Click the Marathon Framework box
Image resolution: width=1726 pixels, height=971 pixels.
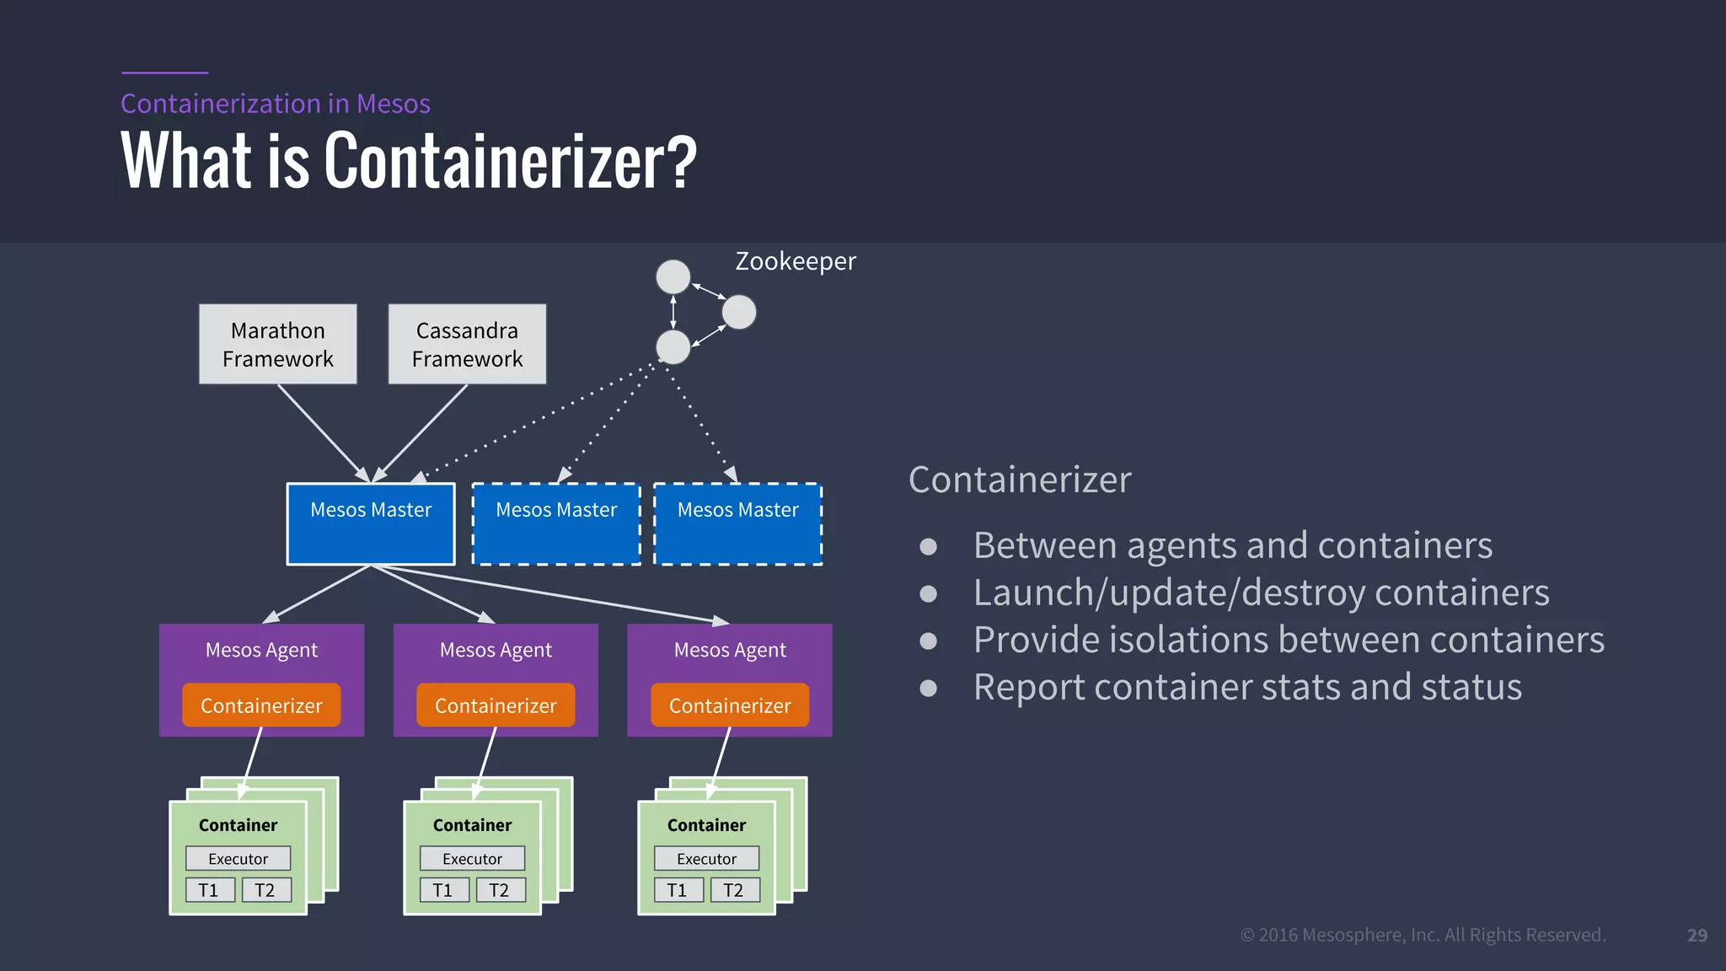coord(278,344)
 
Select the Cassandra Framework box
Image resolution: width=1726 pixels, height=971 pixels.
coord(467,344)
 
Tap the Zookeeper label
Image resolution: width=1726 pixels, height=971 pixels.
coord(795,261)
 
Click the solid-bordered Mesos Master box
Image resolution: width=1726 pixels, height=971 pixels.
coord(371,523)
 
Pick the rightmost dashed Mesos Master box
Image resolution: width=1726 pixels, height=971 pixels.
coord(737,523)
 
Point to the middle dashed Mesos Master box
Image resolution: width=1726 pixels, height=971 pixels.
coord(556,523)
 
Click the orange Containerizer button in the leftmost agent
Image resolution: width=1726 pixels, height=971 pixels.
coord(261,705)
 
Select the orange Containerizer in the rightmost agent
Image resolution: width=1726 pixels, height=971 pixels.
coord(730,705)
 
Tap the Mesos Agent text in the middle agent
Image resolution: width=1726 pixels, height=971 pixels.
coord(496,650)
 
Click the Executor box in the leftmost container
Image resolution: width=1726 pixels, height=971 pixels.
coord(238,859)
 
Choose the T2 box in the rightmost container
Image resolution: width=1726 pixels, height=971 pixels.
coord(733,890)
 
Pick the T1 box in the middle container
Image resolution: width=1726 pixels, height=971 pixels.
coord(443,890)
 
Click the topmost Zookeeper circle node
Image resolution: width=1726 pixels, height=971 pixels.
coord(673,276)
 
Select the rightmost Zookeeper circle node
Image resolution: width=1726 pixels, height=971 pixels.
coord(739,312)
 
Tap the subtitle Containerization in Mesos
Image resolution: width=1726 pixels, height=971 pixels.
coord(275,104)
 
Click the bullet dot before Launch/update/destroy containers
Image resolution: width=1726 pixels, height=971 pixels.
coord(928,593)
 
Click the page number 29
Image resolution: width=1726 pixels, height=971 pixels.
coord(1697,935)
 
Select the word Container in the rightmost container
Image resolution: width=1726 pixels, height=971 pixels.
coord(706,825)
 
